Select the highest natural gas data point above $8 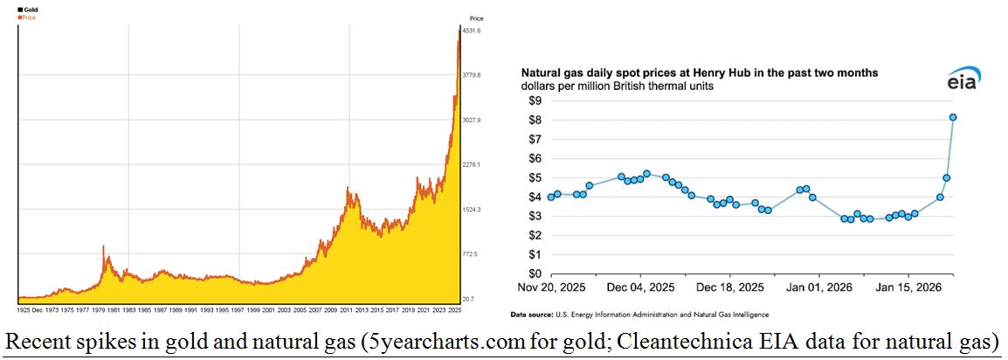pos(953,117)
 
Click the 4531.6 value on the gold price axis pos(472,31)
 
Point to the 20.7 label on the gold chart pos(467,299)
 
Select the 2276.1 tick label pos(472,164)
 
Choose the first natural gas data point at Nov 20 pos(550,197)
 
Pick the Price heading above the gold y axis pos(476,18)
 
